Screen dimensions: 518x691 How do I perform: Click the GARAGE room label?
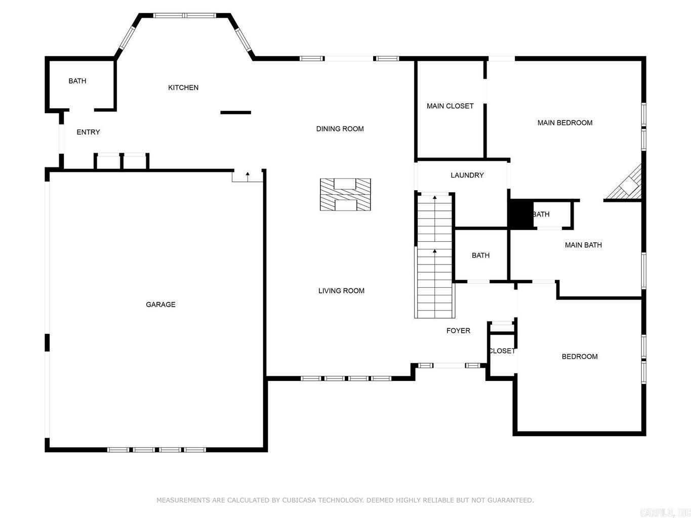pyautogui.click(x=160, y=305)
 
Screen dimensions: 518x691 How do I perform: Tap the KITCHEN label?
pyautogui.click(x=183, y=88)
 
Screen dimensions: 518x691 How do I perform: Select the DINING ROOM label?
pyautogui.click(x=340, y=129)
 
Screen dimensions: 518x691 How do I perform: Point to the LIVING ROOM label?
pyautogui.click(x=341, y=291)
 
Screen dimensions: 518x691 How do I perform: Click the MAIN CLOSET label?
pyautogui.click(x=450, y=106)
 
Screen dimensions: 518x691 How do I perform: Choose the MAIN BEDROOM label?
pyautogui.click(x=564, y=123)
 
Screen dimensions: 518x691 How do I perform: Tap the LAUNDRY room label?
pyautogui.click(x=467, y=176)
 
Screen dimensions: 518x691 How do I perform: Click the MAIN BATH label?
pyautogui.click(x=583, y=245)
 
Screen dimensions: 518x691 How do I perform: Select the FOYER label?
pyautogui.click(x=458, y=331)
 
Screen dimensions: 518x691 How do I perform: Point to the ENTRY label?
pyautogui.click(x=88, y=133)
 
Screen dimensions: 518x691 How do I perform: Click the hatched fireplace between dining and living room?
pyautogui.click(x=345, y=194)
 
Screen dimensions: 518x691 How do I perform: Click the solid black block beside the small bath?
pyautogui.click(x=520, y=214)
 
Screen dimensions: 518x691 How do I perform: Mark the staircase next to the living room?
pyautogui.click(x=434, y=256)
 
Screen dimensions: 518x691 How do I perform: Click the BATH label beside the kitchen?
pyautogui.click(x=77, y=81)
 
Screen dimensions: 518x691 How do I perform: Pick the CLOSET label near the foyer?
pyautogui.click(x=502, y=351)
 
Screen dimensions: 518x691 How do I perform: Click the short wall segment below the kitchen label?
pyautogui.click(x=235, y=112)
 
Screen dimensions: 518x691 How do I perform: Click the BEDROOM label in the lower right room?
pyautogui.click(x=580, y=357)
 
